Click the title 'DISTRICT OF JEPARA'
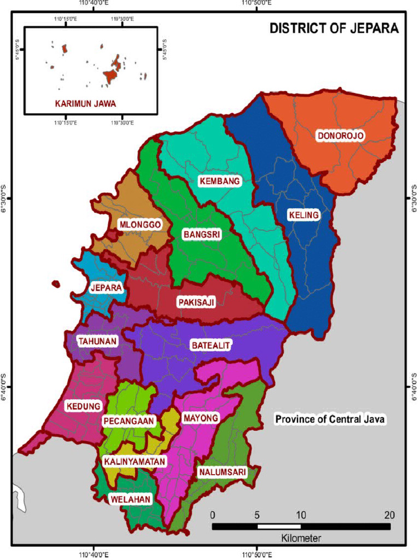click(x=334, y=28)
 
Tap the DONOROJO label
click(x=340, y=136)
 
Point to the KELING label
click(x=304, y=215)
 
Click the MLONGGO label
click(x=139, y=224)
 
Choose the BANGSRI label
click(x=201, y=235)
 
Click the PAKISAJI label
click(x=196, y=302)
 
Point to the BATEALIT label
click(x=211, y=345)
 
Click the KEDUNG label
click(x=83, y=406)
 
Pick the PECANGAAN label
click(x=129, y=421)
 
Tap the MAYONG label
click(x=200, y=418)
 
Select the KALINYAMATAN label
click(x=134, y=462)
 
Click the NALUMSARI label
click(x=222, y=471)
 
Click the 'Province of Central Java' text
click(x=330, y=419)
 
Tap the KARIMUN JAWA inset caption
click(x=85, y=103)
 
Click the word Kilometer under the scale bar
click(x=301, y=538)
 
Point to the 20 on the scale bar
click(x=389, y=515)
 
